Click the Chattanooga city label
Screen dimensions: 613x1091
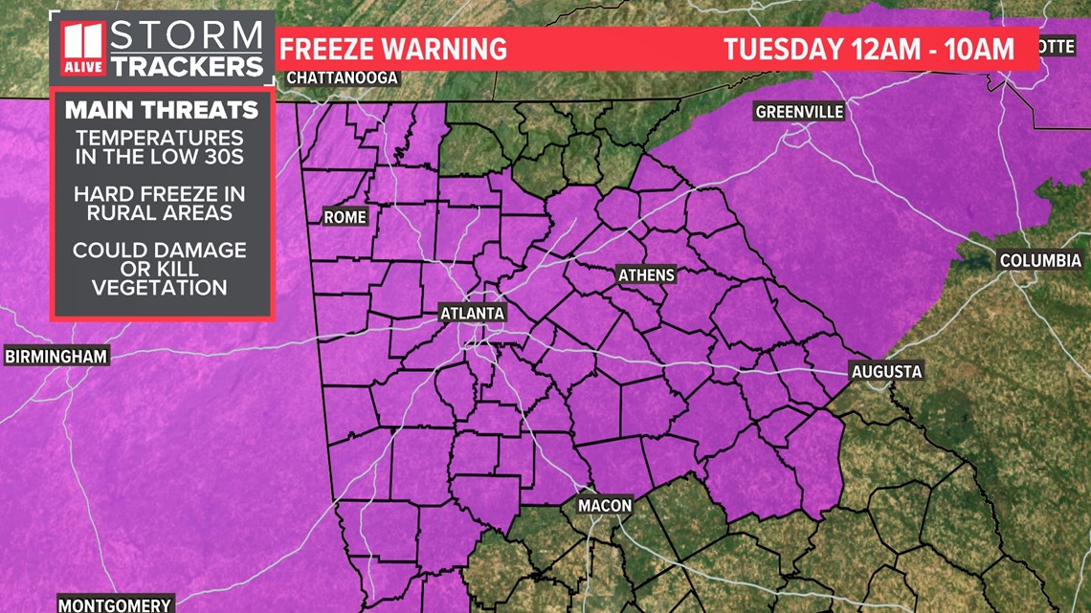tap(342, 77)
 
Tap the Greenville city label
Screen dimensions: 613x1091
tap(799, 112)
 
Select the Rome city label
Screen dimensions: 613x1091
tap(345, 217)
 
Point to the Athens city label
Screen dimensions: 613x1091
tap(646, 275)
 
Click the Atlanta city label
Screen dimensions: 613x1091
tap(471, 313)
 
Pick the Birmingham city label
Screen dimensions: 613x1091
tap(56, 357)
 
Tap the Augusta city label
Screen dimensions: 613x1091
tap(886, 371)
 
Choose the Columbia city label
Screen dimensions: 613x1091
tap(1040, 260)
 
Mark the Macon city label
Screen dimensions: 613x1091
tap(604, 505)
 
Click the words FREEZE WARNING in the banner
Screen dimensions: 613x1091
tap(392, 49)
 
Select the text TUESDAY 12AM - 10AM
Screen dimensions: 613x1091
tap(868, 49)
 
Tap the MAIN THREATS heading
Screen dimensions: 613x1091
tap(162, 109)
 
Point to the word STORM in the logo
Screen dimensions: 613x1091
tap(186, 37)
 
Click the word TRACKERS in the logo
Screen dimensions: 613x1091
tap(186, 65)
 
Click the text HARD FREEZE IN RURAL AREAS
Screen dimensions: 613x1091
tap(162, 203)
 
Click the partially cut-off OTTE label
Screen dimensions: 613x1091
tap(1055, 46)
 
